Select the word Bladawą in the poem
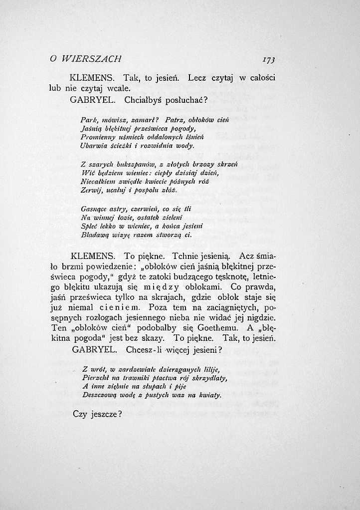pyautogui.click(x=94, y=234)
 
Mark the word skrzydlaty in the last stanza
pyautogui.click(x=205, y=378)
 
